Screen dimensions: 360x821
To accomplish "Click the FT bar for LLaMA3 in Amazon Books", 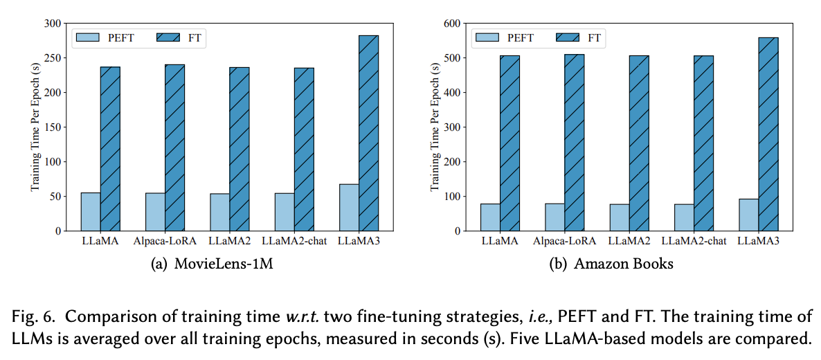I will (768, 134).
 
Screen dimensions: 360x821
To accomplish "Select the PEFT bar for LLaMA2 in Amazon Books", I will (620, 217).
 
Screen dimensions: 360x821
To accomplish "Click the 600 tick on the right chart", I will (453, 24).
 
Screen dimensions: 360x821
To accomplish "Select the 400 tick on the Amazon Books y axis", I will (453, 93).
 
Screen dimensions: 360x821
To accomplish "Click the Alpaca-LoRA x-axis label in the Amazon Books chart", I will (564, 241).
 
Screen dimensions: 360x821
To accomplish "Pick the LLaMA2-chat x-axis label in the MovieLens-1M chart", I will (294, 241).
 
